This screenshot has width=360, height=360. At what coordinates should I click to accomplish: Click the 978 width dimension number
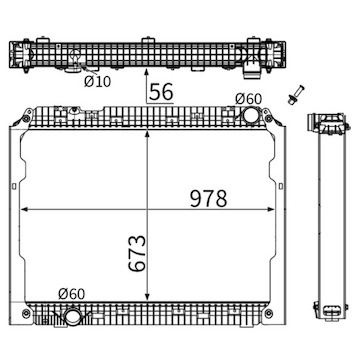pyautogui.click(x=209, y=198)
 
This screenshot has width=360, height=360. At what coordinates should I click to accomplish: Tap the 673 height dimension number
pyautogui.click(x=137, y=254)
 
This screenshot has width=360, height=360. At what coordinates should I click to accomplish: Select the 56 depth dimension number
pyautogui.click(x=161, y=92)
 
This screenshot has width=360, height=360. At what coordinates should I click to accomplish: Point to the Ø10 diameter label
pyautogui.click(x=97, y=81)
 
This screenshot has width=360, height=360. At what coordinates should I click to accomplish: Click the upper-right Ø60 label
pyautogui.click(x=248, y=99)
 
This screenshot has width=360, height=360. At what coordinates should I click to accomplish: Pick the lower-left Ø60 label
pyautogui.click(x=72, y=294)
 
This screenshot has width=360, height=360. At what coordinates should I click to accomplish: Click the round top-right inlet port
pyautogui.click(x=251, y=115)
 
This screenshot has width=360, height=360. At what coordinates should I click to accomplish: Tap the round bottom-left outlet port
pyautogui.click(x=72, y=317)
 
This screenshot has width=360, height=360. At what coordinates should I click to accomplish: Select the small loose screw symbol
pyautogui.click(x=296, y=95)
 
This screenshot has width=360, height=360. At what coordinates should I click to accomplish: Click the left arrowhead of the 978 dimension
pyautogui.click(x=23, y=209)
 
